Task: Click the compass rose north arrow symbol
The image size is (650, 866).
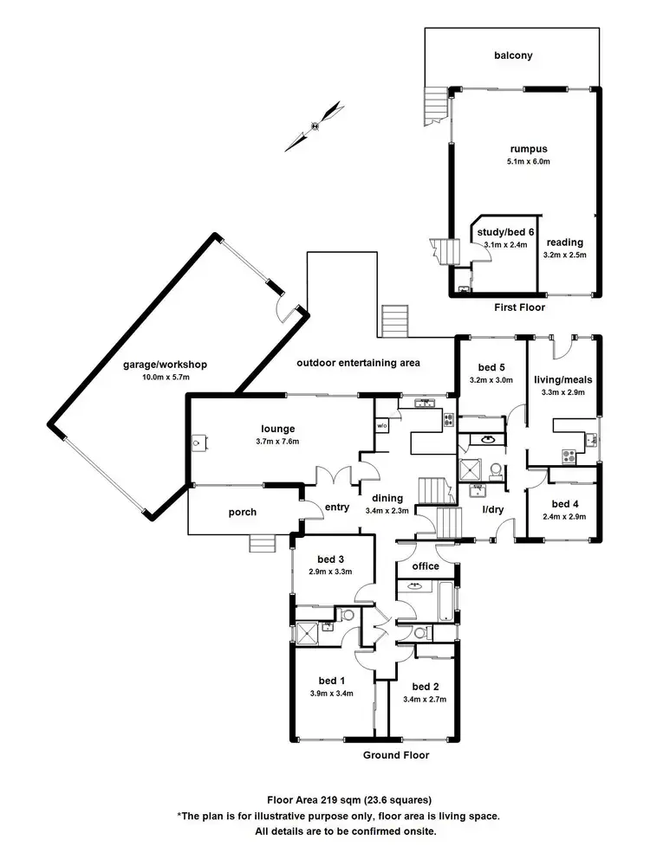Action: point(315,125)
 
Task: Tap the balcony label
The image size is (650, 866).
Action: point(513,56)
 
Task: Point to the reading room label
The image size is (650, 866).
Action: point(564,242)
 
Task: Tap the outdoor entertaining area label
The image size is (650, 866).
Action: point(358,363)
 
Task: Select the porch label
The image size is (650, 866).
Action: point(243,512)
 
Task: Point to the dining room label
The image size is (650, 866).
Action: point(387,497)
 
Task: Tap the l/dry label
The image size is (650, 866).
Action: point(492,509)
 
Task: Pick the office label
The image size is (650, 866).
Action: point(425,566)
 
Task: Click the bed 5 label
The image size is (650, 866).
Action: point(491,366)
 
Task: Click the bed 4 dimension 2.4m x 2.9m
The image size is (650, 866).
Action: point(564,517)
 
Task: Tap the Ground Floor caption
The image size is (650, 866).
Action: point(396,755)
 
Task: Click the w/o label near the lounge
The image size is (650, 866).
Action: point(381,426)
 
